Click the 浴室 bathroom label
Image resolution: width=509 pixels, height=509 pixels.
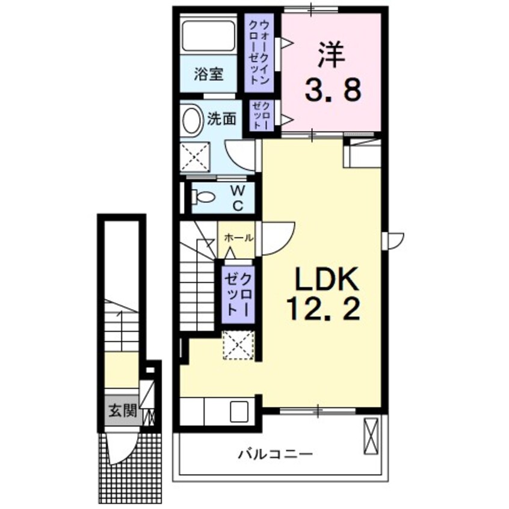coord(209,75)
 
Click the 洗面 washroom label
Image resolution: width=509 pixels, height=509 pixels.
coord(221,119)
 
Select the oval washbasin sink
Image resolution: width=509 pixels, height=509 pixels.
coord(192,120)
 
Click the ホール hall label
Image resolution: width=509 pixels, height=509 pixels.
coord(239,238)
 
